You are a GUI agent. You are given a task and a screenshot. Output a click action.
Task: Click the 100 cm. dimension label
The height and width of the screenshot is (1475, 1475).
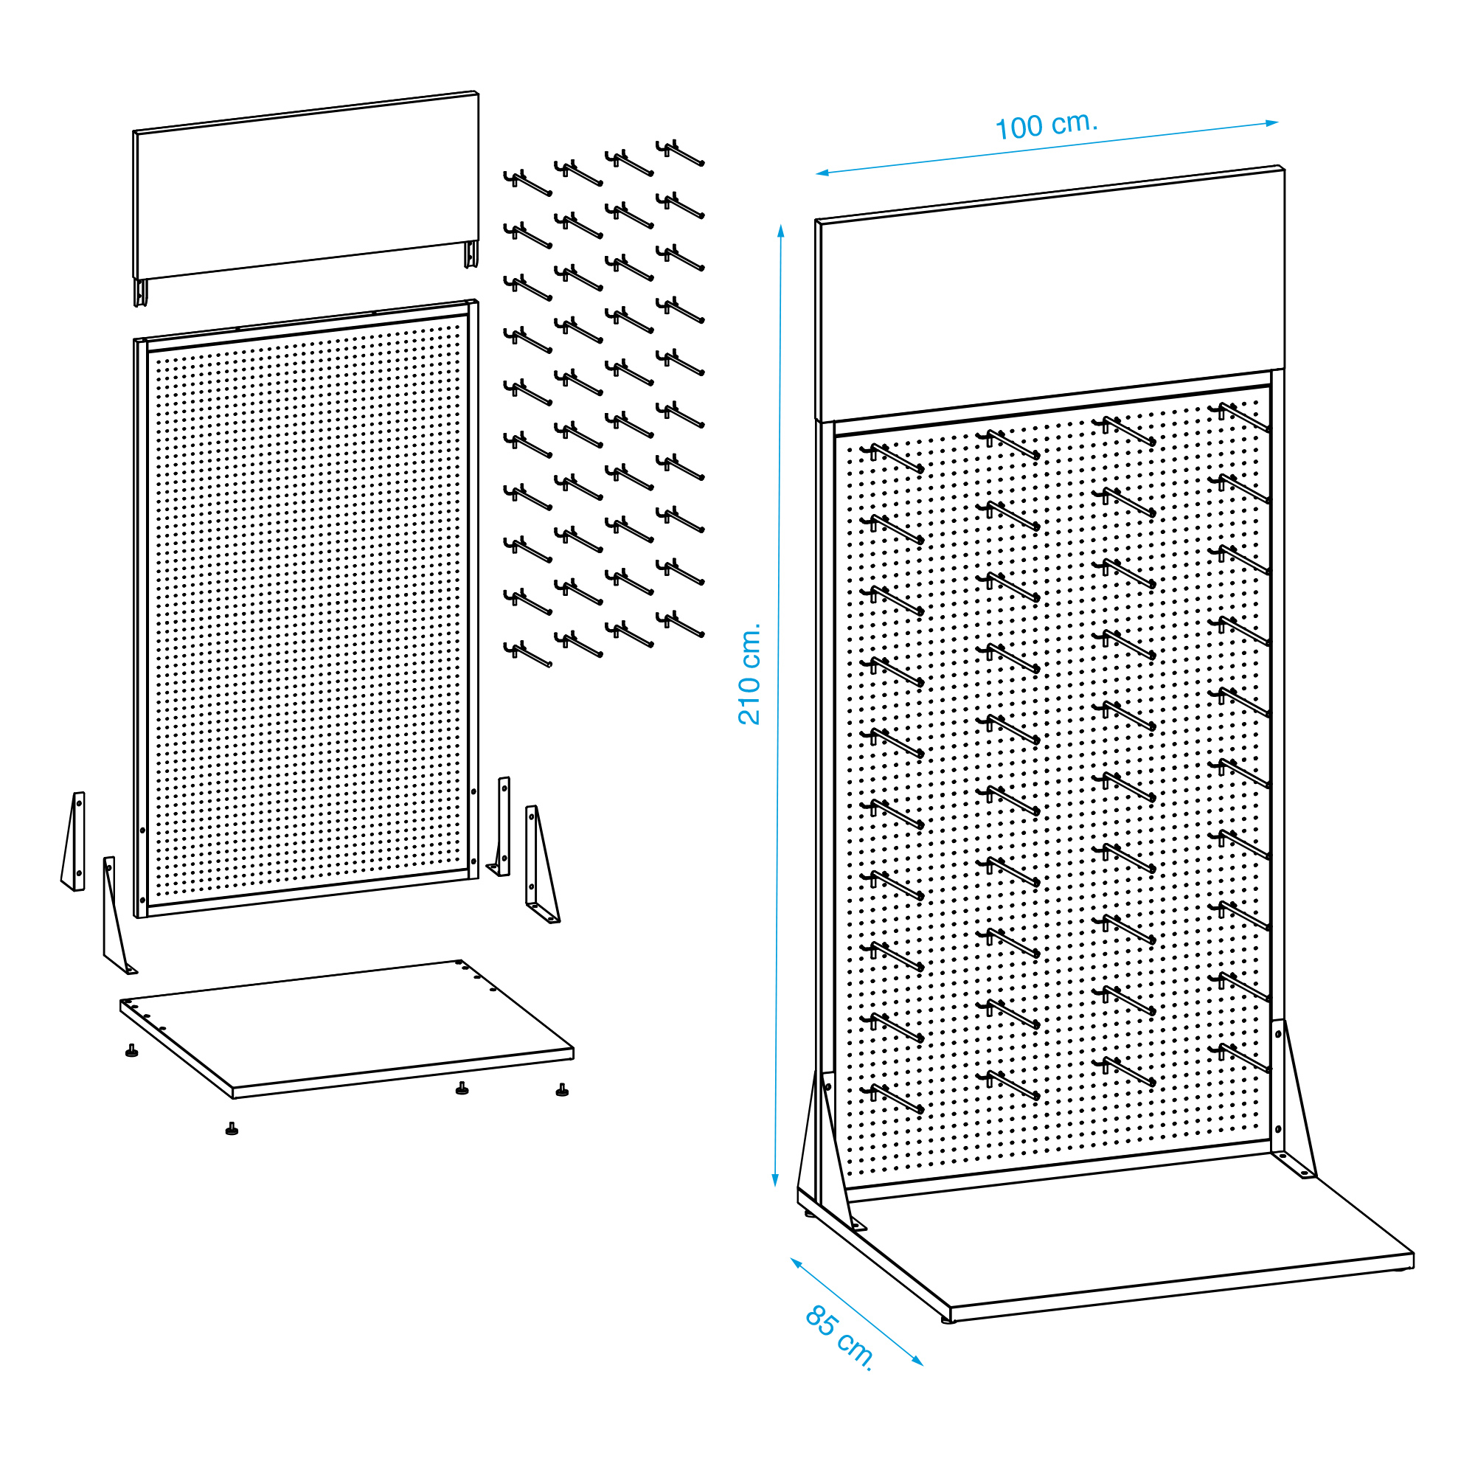(x=1046, y=126)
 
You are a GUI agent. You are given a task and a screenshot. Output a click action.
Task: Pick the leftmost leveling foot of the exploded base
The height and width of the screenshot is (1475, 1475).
(x=132, y=1050)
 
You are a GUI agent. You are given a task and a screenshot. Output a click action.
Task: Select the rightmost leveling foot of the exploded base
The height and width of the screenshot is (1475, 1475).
(x=563, y=1089)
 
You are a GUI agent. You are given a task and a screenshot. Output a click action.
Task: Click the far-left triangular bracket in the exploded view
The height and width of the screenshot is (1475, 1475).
(x=74, y=841)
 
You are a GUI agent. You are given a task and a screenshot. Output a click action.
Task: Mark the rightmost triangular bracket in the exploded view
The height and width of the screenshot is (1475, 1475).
(x=541, y=864)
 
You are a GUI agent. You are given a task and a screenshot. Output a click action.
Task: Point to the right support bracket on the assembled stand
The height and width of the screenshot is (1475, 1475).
(x=1294, y=1100)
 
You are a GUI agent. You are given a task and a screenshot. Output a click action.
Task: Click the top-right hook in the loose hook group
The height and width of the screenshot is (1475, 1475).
(x=679, y=153)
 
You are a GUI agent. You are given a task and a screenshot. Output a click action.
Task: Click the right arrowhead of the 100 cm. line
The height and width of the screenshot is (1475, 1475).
(x=1272, y=123)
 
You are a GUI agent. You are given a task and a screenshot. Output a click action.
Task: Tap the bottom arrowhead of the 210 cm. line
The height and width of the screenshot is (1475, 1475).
(x=776, y=1179)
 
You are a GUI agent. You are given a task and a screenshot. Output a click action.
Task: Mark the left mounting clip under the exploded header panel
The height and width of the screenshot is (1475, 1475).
(x=140, y=292)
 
